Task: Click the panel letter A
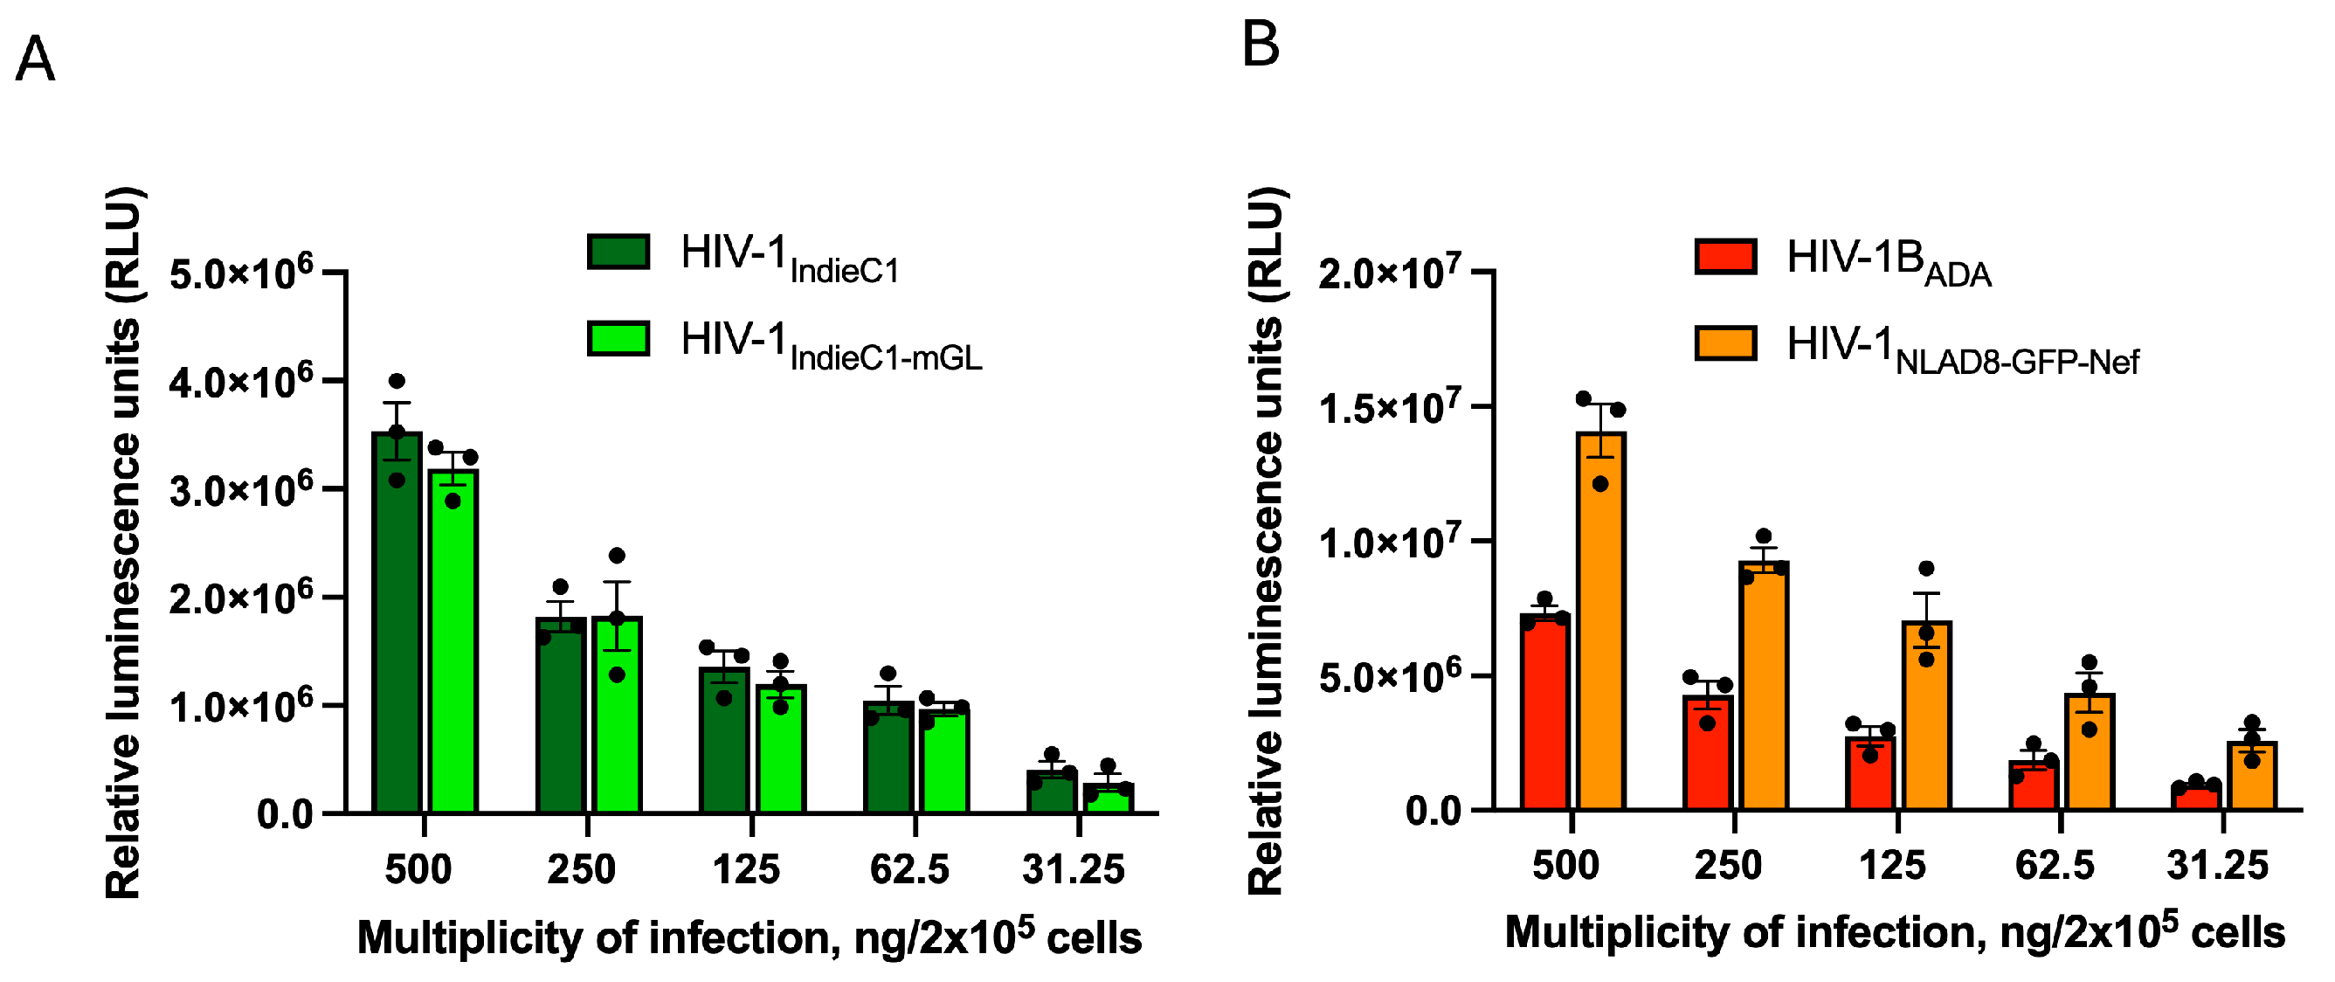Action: coord(35,59)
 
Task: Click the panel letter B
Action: coord(1261,45)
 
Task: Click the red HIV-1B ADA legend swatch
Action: coord(1725,257)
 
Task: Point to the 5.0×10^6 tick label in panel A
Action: coord(241,271)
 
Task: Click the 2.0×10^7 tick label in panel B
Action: coord(1390,271)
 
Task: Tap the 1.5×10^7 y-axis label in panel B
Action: coord(1390,407)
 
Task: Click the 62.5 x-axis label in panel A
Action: coord(909,869)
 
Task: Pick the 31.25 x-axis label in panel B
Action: coord(2217,865)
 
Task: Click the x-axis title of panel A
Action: coord(750,937)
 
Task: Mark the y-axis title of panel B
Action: coord(1267,543)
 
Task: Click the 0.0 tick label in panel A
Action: coord(285,813)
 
